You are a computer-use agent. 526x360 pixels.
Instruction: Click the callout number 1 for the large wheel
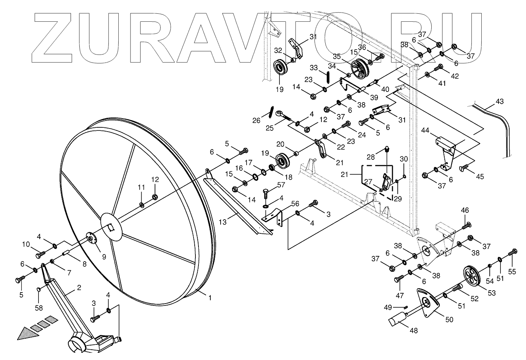209,298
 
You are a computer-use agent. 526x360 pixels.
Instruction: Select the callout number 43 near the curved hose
499,102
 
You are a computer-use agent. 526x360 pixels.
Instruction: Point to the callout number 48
413,331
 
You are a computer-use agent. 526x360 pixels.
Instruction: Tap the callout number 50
449,320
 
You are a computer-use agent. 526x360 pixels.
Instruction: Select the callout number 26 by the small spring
256,121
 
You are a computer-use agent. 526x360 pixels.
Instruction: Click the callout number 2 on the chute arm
79,288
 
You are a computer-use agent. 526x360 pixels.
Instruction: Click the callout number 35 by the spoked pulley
336,56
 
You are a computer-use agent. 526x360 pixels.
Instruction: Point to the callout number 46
465,211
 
